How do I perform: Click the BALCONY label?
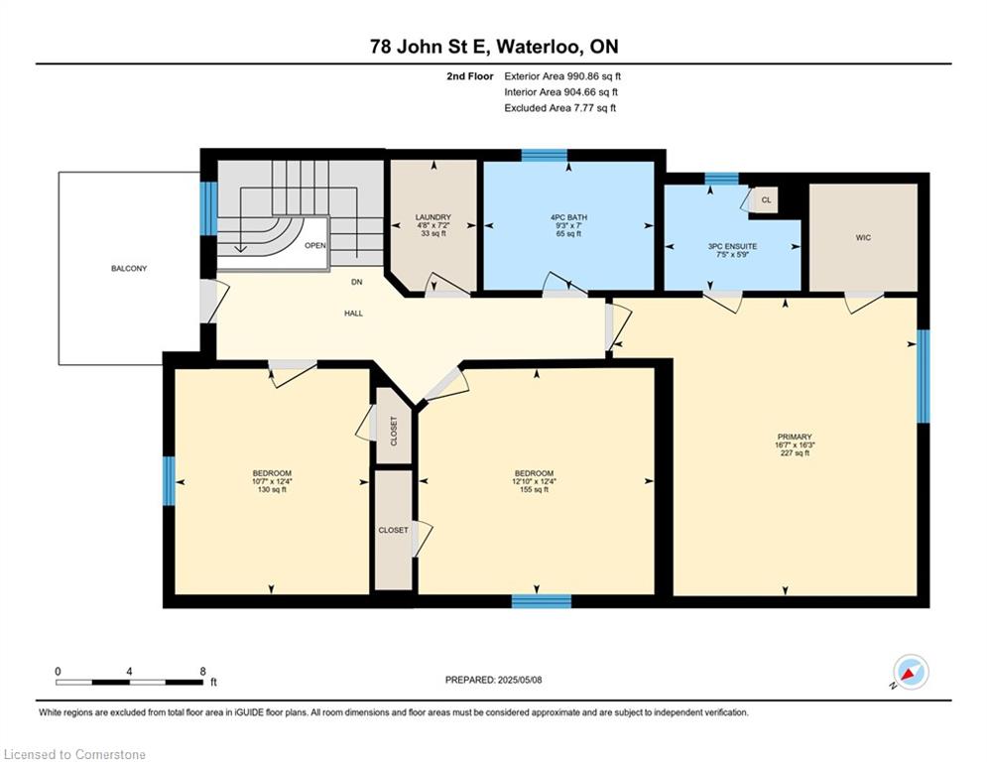[x=129, y=268]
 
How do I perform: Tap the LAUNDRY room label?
[x=433, y=217]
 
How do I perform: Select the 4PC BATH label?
[x=568, y=217]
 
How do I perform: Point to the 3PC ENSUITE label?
[x=733, y=246]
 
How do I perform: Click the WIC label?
[x=863, y=237]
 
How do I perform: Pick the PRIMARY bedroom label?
[x=795, y=437]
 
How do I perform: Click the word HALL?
[x=354, y=313]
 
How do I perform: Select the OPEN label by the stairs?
[x=315, y=245]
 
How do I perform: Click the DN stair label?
[x=357, y=282]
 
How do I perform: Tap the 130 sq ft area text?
[x=272, y=489]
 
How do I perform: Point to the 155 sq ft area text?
[x=534, y=489]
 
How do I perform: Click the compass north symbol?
[x=911, y=673]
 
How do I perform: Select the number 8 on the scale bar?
[x=202, y=672]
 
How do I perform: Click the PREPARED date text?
[x=494, y=680]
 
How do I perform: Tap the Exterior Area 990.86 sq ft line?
[x=562, y=76]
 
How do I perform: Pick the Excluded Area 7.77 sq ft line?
[x=560, y=108]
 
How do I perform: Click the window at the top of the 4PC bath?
[x=545, y=155]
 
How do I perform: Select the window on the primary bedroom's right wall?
[x=923, y=376]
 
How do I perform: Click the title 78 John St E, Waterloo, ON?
[x=494, y=47]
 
